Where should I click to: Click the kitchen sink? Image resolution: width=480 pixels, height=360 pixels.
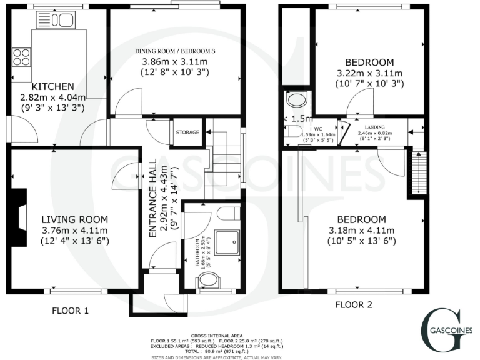click(61, 21)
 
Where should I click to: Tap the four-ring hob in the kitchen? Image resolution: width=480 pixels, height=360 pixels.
click(21, 57)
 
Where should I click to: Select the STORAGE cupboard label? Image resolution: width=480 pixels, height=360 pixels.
click(187, 132)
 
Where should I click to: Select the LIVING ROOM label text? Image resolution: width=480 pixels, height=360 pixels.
click(75, 219)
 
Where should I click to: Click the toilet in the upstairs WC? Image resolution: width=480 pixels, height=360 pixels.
click(291, 129)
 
